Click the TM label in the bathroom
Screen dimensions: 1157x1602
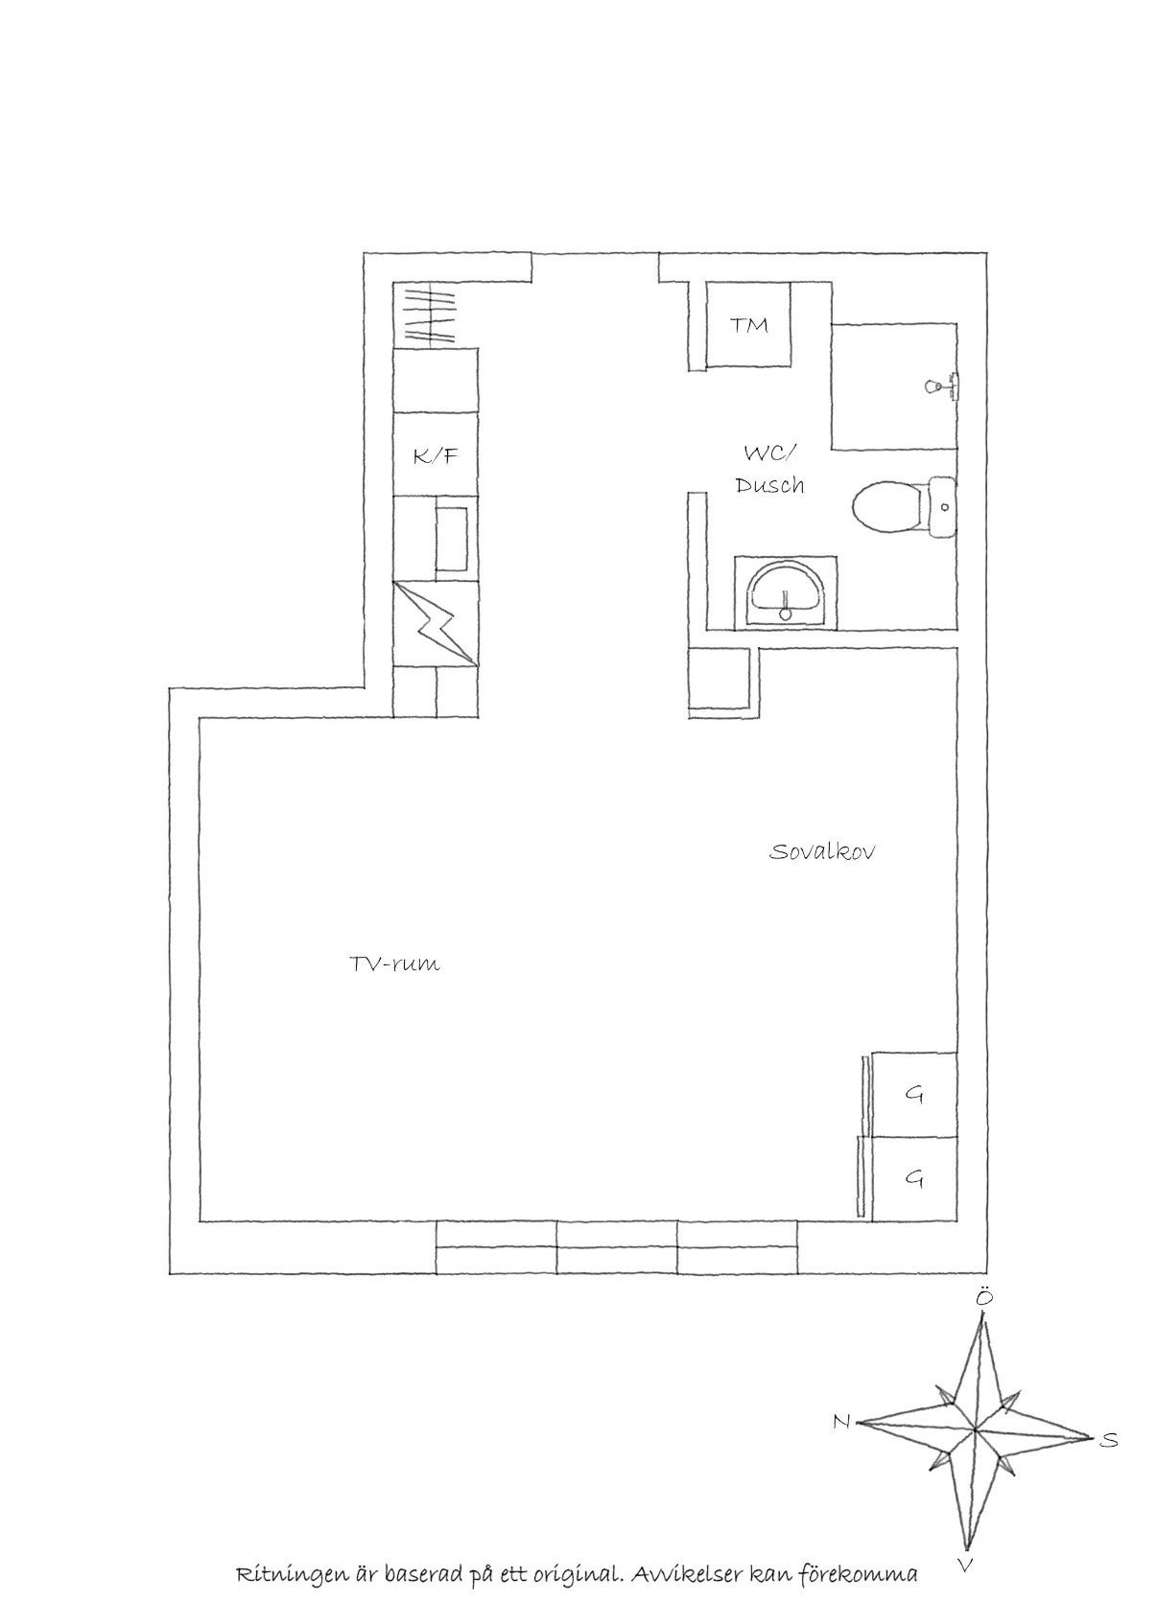[748, 325]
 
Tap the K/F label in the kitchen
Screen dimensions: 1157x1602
[435, 455]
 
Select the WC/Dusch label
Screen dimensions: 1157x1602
[770, 469]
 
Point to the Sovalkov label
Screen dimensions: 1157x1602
[822, 851]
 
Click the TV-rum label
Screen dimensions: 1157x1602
[394, 964]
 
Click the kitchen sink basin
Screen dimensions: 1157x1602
[452, 539]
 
